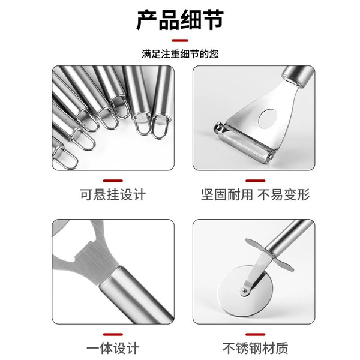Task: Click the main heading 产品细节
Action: [x=180, y=20]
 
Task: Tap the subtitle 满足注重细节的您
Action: [x=180, y=54]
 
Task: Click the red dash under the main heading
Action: [x=180, y=41]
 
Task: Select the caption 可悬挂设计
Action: [x=113, y=194]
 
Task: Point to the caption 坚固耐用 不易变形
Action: [x=256, y=194]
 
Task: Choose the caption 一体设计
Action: [x=113, y=348]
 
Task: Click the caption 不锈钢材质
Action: [x=256, y=348]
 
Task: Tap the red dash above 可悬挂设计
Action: [x=113, y=181]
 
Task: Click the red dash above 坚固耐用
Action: [x=256, y=181]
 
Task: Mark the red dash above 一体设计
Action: [x=113, y=335]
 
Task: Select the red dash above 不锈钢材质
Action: [x=256, y=335]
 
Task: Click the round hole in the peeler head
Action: [x=268, y=119]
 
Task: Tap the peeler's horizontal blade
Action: [x=245, y=142]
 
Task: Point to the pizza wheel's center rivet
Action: [x=245, y=291]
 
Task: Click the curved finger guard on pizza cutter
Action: [x=269, y=255]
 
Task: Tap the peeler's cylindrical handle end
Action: [x=298, y=76]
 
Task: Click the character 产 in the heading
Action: [x=147, y=20]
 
